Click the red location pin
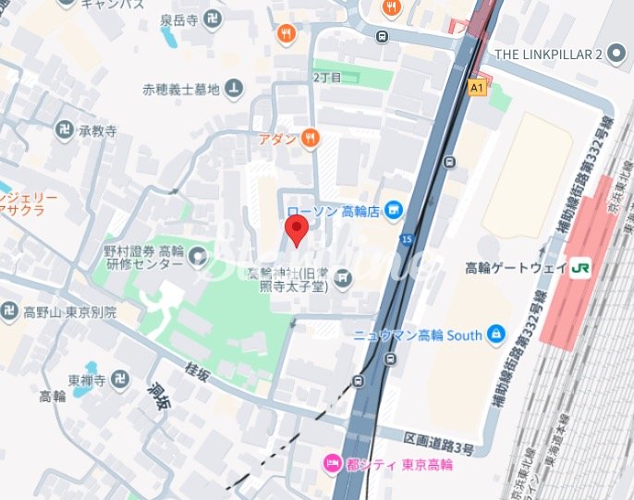click(x=296, y=231)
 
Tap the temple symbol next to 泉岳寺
click(x=214, y=18)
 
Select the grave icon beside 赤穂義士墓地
click(x=235, y=90)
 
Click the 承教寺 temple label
click(x=97, y=132)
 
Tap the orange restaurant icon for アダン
click(x=309, y=139)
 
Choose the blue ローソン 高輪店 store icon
click(x=395, y=211)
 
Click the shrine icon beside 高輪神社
click(x=343, y=276)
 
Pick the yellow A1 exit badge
click(x=476, y=88)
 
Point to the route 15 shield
click(x=406, y=240)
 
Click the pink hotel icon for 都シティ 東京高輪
click(x=329, y=464)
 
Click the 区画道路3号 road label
click(x=439, y=449)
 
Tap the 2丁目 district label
click(x=327, y=78)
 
